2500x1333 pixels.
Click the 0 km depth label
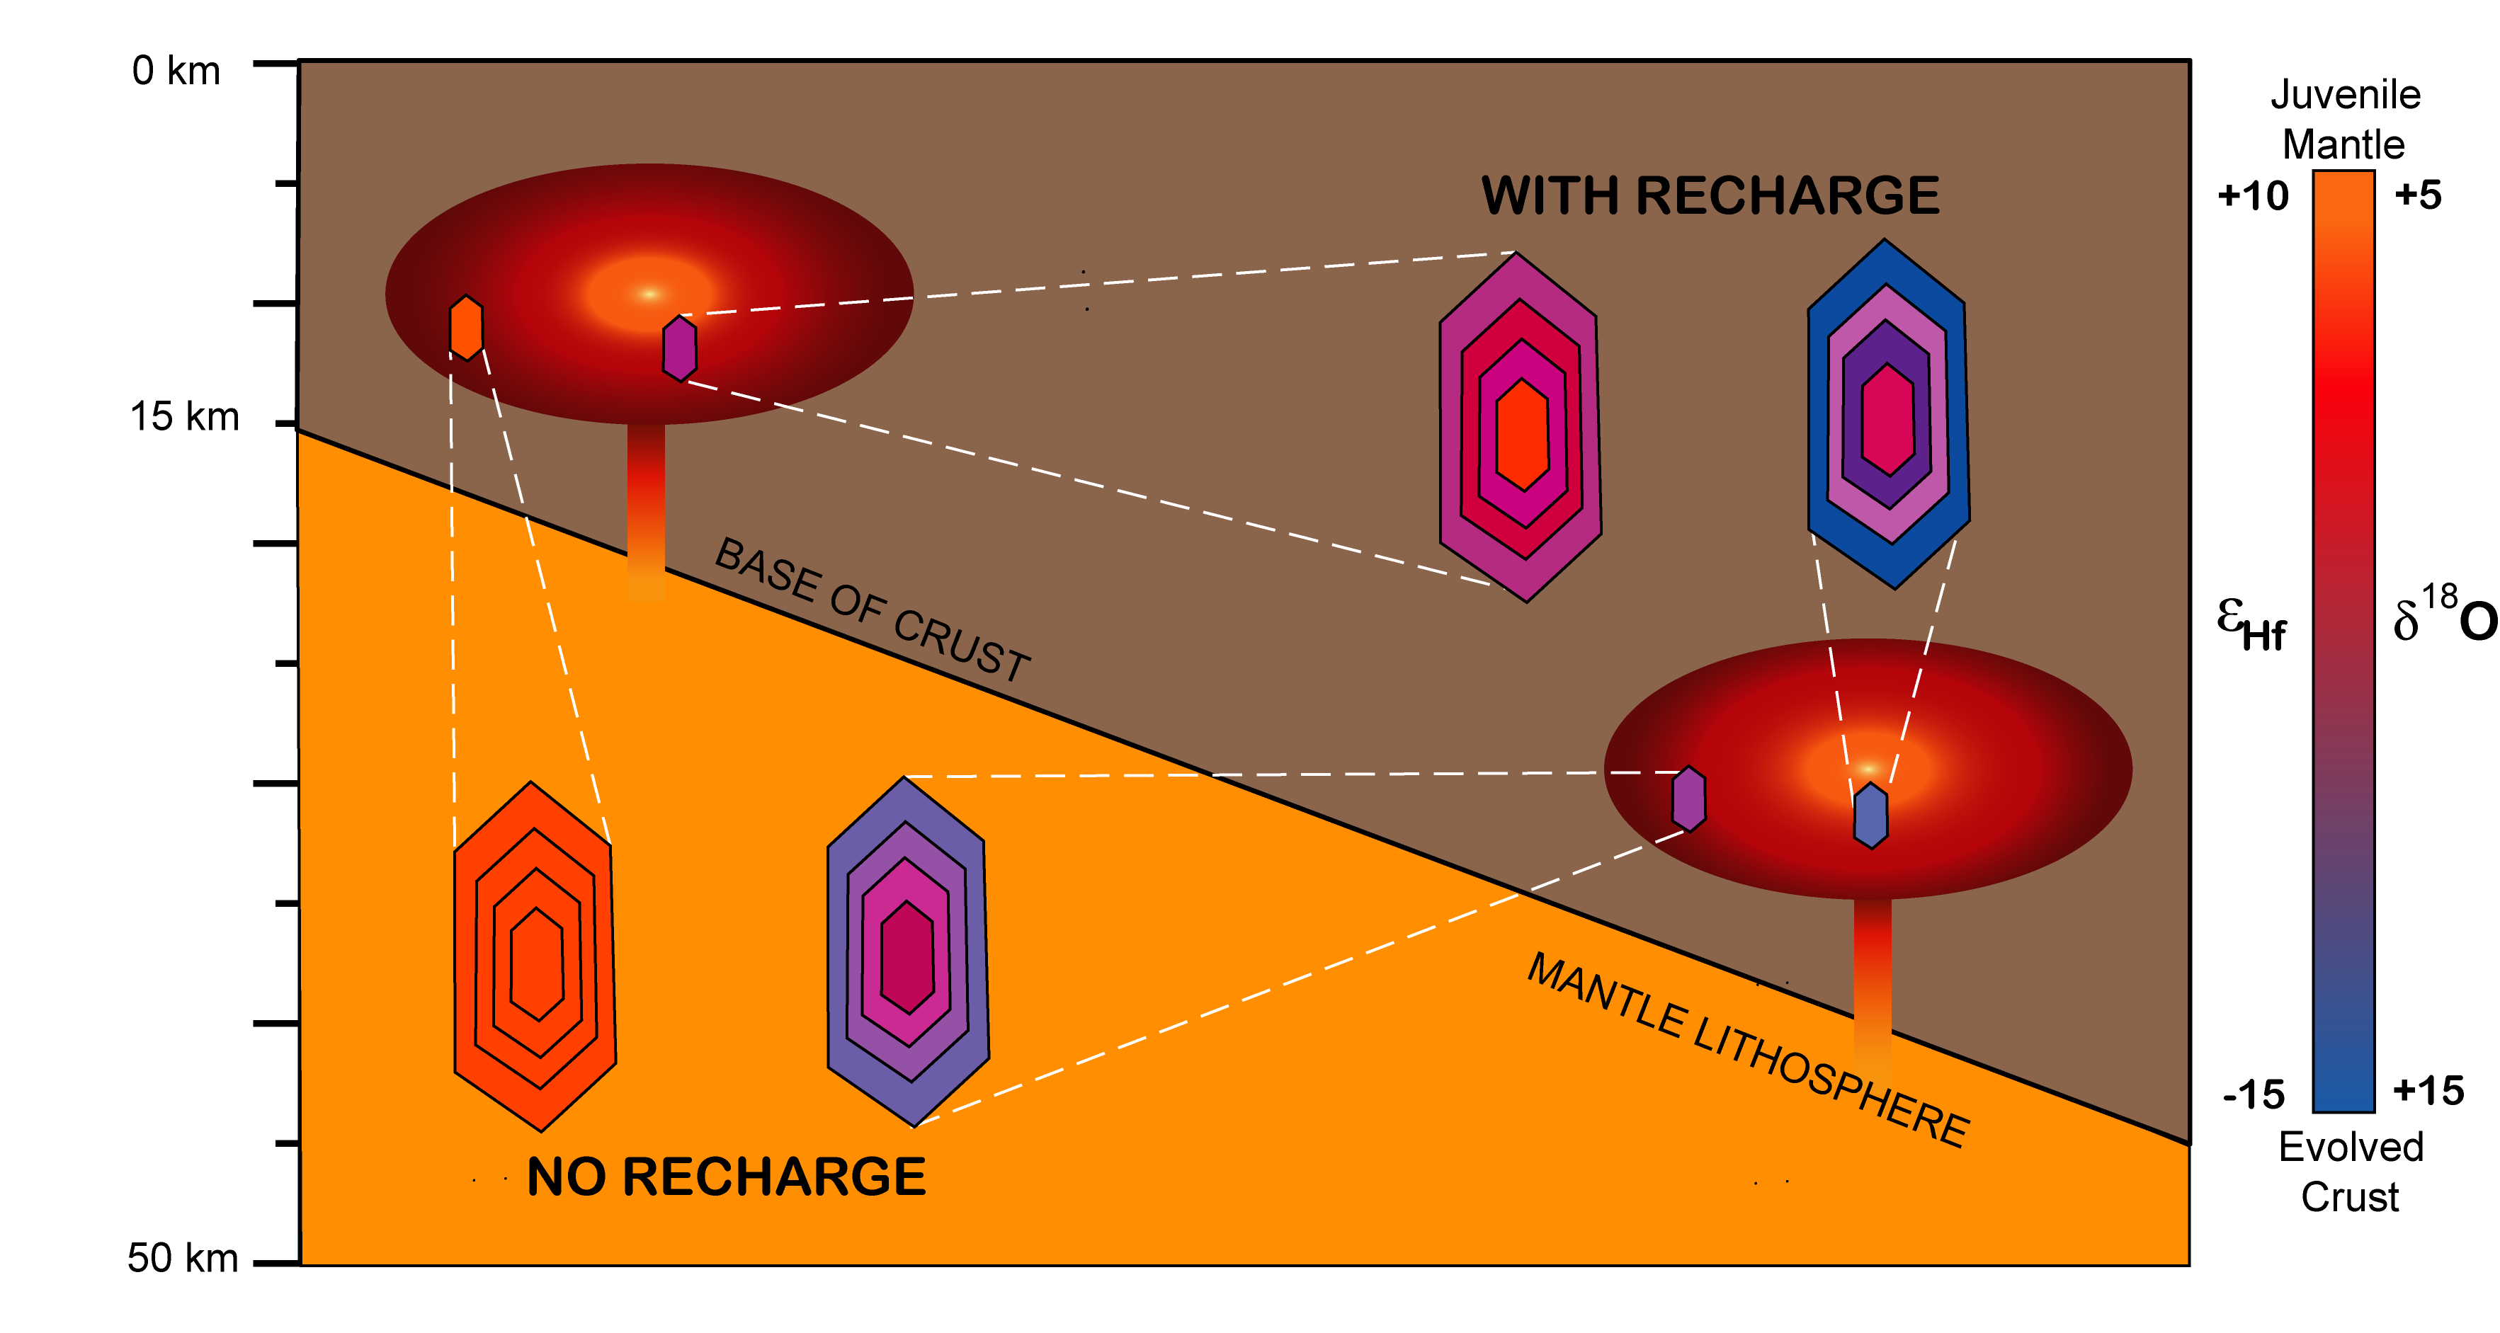click(176, 71)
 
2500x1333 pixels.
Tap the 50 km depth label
click(180, 1258)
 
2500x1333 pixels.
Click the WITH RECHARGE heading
click(1710, 196)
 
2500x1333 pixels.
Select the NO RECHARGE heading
click(726, 1177)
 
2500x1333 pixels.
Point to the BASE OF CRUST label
click(872, 610)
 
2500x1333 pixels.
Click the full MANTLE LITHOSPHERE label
click(1748, 1051)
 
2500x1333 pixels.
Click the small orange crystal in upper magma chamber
click(467, 328)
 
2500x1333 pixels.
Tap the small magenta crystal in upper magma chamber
click(679, 348)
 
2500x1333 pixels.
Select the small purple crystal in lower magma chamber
click(1688, 799)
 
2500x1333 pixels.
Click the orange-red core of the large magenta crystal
click(1522, 435)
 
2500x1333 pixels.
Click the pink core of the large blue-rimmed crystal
click(1887, 419)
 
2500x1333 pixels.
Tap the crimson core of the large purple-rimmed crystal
click(907, 956)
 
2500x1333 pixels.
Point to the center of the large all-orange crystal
click(537, 963)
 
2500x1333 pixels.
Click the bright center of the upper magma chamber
click(649, 293)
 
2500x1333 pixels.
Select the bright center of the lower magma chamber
click(1868, 768)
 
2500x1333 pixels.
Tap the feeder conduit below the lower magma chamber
click(1872, 980)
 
